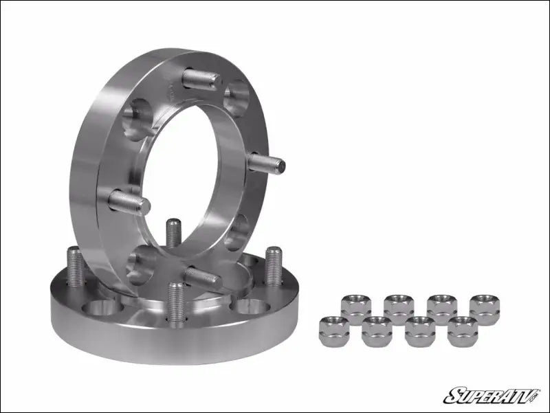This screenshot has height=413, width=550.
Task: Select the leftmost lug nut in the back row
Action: point(355,307)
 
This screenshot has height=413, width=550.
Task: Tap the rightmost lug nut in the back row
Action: point(484,308)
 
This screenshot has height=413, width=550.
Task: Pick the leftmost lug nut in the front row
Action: point(334,330)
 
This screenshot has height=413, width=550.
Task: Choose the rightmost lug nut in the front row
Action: point(462,331)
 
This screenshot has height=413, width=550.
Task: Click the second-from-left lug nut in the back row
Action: point(399,308)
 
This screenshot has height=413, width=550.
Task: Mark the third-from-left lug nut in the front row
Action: point(419,331)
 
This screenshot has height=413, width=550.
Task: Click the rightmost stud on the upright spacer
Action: point(267,163)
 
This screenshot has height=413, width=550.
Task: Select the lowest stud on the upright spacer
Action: point(202,276)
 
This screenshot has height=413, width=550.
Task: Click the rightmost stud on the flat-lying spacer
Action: point(274,265)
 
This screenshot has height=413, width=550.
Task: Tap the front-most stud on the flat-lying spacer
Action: point(176,302)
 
